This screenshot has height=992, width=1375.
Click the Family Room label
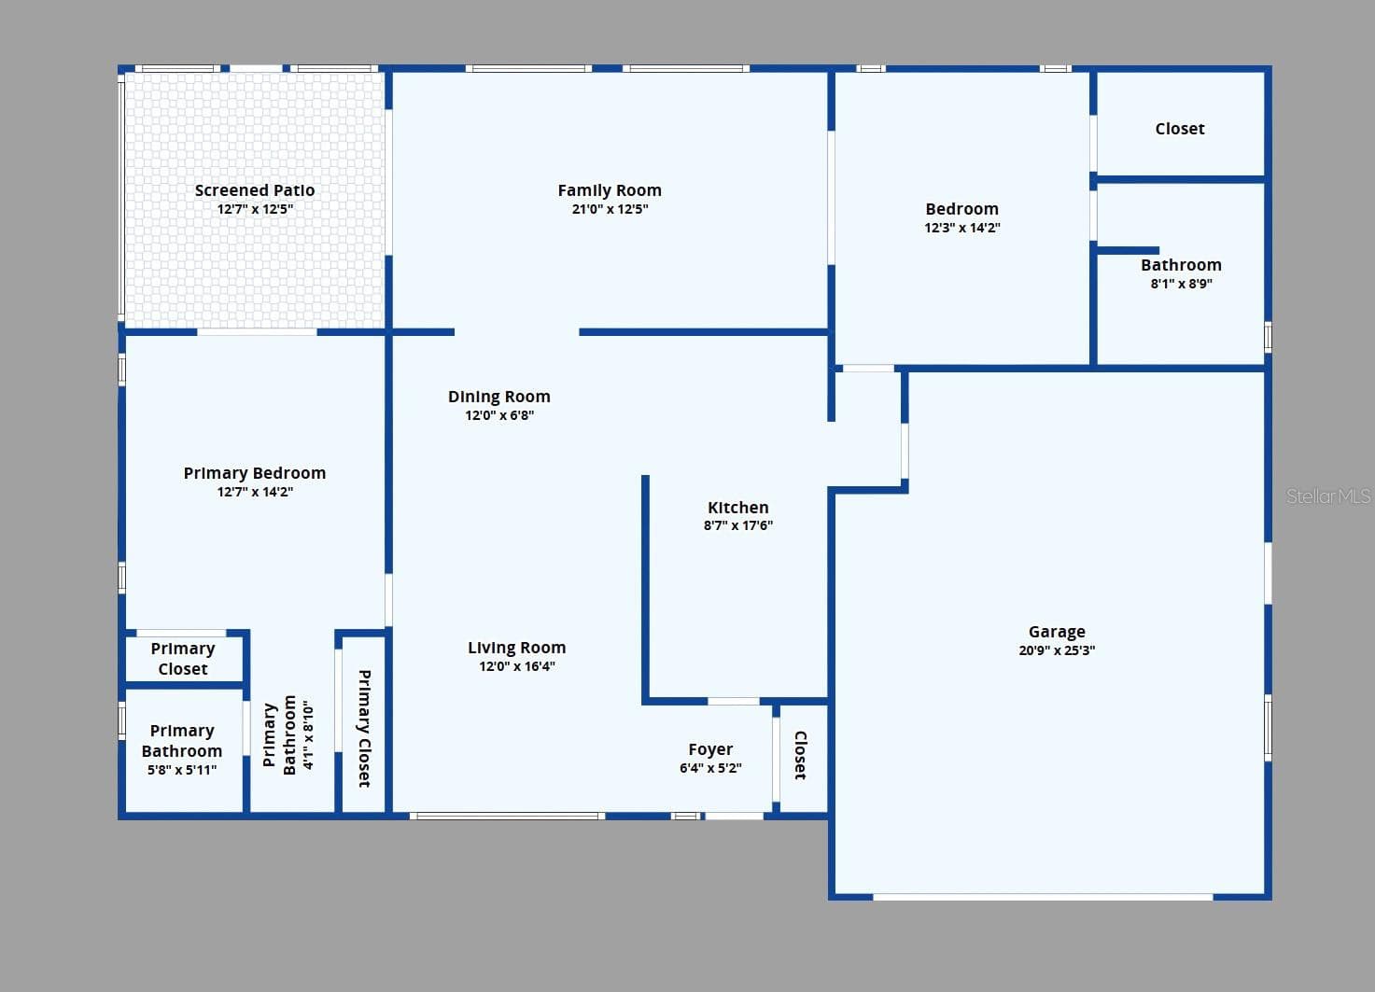point(610,190)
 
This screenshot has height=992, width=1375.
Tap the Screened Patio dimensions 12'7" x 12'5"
point(256,209)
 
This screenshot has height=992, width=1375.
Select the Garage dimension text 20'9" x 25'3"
point(1057,650)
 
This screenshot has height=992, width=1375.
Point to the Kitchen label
point(737,508)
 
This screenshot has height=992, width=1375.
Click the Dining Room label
point(499,397)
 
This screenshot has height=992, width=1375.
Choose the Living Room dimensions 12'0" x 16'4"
point(517,666)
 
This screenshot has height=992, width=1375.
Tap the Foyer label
point(710,749)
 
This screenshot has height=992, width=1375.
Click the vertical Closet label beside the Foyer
point(800,755)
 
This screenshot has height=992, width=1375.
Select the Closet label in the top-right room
point(1180,129)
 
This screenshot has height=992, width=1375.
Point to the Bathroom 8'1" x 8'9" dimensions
point(1181,284)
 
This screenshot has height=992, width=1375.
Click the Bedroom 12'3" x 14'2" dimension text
point(962,228)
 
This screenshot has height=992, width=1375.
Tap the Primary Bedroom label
point(255,473)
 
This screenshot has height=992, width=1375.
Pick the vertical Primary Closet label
point(364,729)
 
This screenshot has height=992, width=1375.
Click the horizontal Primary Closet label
point(183,659)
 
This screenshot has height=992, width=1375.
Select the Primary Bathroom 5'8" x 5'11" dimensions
point(182,770)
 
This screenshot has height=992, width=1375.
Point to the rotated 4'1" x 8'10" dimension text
point(308,734)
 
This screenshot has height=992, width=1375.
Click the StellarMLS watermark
point(1328,496)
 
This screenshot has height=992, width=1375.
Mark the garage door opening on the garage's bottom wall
point(1043,897)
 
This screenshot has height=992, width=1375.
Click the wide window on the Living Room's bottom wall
point(507,816)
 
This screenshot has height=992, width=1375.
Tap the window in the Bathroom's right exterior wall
point(1269,337)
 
